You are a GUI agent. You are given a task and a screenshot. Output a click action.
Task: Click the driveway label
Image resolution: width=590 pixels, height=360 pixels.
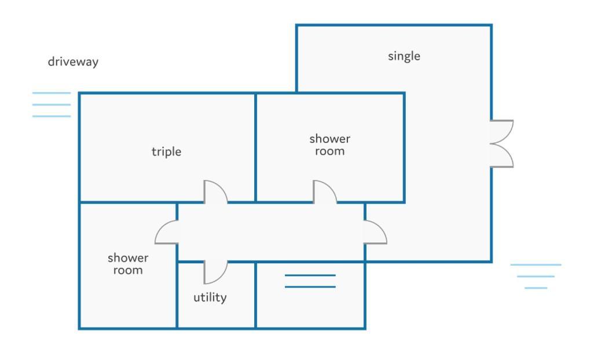(73, 62)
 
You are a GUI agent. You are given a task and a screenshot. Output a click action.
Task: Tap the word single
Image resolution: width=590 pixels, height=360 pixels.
(404, 56)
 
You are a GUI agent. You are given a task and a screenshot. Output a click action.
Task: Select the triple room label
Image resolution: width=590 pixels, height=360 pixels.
(166, 152)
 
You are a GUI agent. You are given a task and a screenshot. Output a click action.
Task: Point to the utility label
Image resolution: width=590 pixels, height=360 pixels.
(210, 297)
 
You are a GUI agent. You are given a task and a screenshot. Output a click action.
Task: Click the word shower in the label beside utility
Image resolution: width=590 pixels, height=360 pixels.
(128, 258)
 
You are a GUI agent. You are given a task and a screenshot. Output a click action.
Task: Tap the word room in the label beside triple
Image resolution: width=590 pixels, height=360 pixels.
(329, 151)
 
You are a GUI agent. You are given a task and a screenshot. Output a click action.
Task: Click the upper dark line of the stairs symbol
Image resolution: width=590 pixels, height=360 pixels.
(310, 275)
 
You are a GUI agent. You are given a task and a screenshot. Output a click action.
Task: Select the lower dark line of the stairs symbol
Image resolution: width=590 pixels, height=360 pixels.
(310, 287)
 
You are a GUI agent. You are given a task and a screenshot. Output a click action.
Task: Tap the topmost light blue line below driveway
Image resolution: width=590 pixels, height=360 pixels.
(52, 93)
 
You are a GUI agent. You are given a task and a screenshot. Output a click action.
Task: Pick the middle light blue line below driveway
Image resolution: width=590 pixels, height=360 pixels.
(52, 105)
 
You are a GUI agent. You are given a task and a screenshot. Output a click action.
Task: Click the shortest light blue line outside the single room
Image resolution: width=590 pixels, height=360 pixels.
(536, 288)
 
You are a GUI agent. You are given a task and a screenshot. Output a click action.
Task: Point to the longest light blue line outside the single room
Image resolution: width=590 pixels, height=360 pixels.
(536, 265)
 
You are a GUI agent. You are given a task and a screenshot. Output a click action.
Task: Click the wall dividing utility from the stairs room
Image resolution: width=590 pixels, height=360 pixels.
(255, 295)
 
